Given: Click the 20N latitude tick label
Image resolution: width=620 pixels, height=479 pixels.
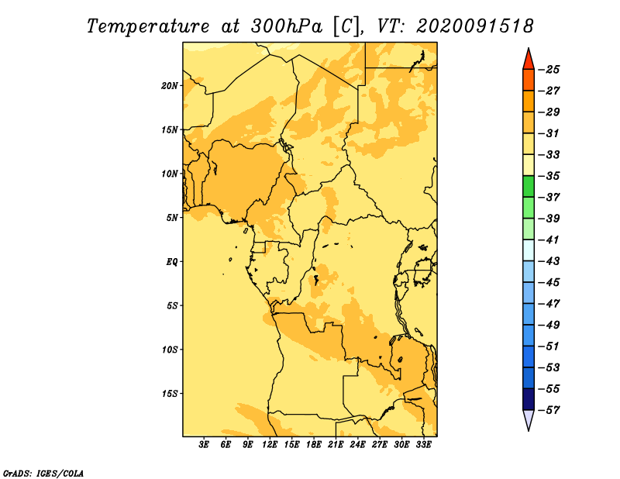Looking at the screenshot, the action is [170, 86].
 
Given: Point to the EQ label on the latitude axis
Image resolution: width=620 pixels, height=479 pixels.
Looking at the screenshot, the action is [172, 262].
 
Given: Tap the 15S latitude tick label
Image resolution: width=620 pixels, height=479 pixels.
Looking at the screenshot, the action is [170, 394].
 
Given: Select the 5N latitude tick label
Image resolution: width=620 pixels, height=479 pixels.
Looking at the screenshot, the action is [172, 218].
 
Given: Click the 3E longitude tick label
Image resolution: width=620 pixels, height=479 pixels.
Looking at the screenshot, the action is [204, 444].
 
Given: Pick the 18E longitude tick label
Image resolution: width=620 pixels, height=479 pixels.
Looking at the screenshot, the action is [313, 444].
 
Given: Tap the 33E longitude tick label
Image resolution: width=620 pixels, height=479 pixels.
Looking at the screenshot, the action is [423, 444].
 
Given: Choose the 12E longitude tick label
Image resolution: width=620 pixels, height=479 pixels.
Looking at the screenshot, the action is [270, 444].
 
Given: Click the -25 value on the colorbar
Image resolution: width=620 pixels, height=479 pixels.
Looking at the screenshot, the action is [549, 70].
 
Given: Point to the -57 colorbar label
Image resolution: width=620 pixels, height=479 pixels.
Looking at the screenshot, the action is [549, 410].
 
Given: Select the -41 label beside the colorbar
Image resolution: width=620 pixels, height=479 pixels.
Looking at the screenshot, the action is [549, 239].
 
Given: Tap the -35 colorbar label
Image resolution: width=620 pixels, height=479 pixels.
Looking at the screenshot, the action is [549, 176].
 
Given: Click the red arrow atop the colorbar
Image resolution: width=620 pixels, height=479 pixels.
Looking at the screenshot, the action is [529, 60].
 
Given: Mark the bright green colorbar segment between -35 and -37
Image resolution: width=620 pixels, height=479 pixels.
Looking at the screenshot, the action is [529, 187].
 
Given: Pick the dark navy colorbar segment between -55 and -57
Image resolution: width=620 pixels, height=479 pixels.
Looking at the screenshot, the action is [529, 399].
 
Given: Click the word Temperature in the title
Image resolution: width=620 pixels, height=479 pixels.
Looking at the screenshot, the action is [148, 26].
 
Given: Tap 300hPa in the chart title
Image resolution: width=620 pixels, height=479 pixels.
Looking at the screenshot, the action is [287, 26].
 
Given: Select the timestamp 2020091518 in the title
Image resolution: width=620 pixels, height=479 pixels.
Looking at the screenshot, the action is [475, 26].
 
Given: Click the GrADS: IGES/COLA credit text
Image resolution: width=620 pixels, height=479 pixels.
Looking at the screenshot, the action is [43, 473].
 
